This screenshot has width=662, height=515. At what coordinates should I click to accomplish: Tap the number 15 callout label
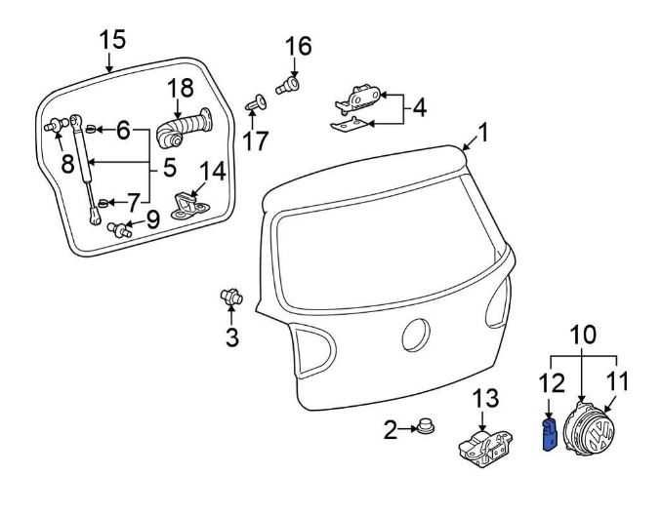point(112,40)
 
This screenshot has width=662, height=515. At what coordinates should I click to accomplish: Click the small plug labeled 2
point(426,427)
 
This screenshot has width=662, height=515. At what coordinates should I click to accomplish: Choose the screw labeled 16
point(287,87)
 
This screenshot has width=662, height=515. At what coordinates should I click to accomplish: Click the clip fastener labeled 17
point(257,100)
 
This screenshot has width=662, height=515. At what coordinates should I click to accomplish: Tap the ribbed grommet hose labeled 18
point(186,127)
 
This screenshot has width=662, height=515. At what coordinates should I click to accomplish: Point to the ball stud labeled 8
point(56,125)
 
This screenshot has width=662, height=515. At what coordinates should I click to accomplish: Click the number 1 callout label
point(481,131)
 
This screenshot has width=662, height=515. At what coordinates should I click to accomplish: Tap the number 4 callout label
point(419,106)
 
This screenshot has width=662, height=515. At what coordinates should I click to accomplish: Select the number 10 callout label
point(583,334)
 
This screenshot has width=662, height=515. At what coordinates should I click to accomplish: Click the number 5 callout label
point(169,168)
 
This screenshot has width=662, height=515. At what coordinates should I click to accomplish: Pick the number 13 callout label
point(485,398)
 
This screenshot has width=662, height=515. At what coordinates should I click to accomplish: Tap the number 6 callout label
point(123,129)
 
